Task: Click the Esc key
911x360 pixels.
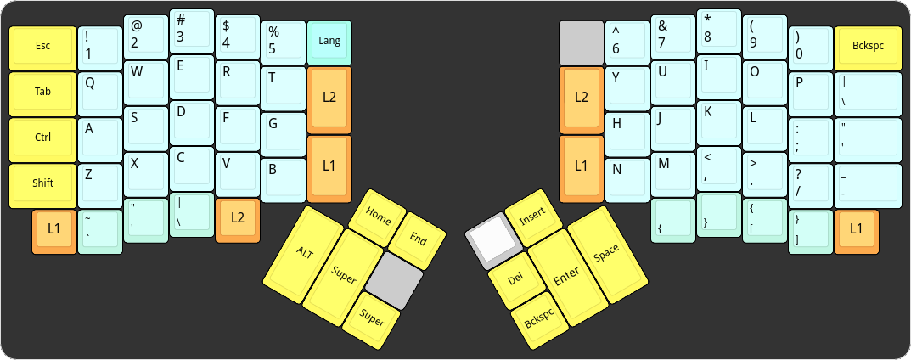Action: (42, 48)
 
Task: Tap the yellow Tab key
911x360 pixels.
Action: (42, 93)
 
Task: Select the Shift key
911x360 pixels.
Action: (42, 184)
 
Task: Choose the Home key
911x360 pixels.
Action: (378, 217)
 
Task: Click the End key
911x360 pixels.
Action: (417, 239)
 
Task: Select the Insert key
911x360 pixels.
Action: (531, 218)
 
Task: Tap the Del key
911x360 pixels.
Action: (514, 279)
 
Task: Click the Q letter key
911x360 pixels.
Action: (100, 93)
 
